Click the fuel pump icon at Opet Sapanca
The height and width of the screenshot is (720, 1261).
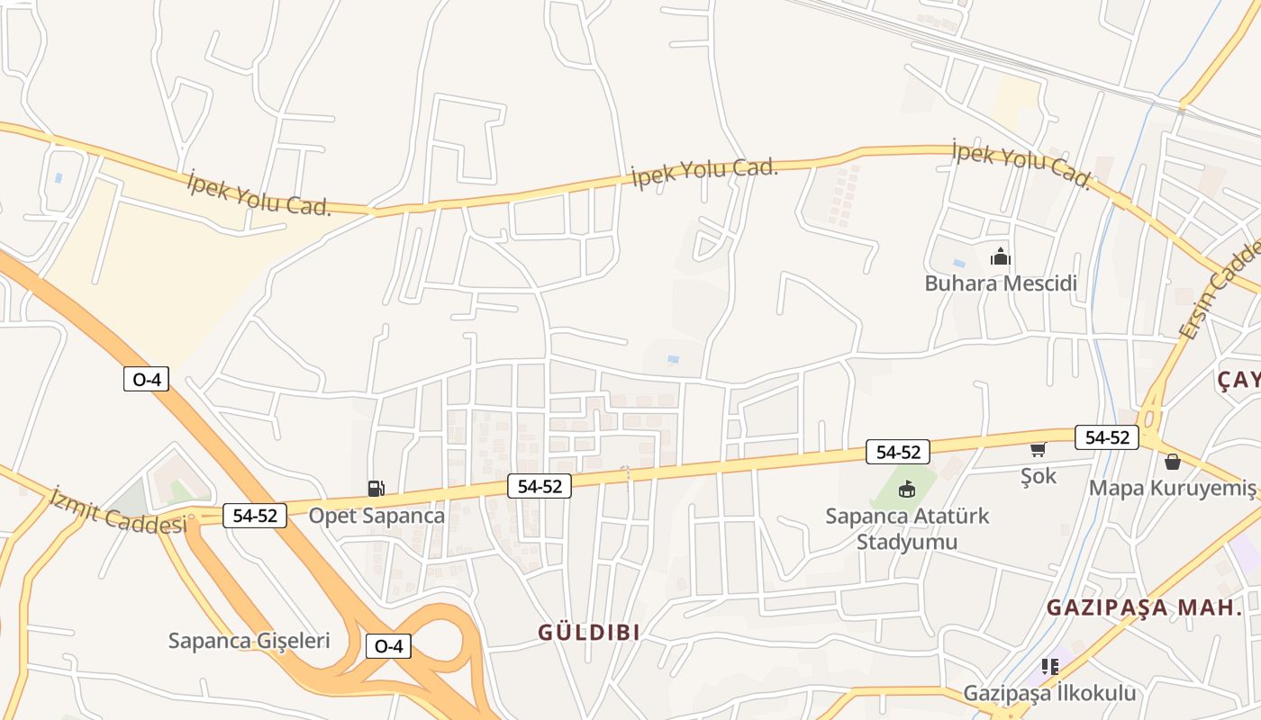tap(376, 489)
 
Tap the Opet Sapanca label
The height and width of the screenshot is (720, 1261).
tap(376, 516)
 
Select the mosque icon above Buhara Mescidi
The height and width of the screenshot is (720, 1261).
tap(1000, 257)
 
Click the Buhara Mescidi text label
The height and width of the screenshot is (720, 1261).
tap(1001, 283)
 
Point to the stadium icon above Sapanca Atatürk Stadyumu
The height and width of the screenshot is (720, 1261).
tap(906, 490)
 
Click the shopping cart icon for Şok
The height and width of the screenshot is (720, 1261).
tap(1038, 448)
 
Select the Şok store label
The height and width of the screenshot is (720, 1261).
tap(1039, 476)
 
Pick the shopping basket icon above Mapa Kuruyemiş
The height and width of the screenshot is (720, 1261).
tap(1172, 462)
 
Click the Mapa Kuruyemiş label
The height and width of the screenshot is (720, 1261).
tap(1172, 488)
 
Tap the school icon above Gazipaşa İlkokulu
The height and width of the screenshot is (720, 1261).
tap(1049, 667)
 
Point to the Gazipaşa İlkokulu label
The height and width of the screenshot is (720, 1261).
tap(1049, 694)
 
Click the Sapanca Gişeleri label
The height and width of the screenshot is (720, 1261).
tap(249, 641)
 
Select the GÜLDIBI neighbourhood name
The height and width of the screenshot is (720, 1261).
tap(589, 633)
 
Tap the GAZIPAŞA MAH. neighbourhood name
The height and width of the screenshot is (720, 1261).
tap(1144, 607)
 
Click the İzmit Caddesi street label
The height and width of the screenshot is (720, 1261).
tap(119, 510)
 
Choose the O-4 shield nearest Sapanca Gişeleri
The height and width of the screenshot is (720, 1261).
tap(388, 646)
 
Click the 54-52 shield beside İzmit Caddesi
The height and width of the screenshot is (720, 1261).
tap(254, 516)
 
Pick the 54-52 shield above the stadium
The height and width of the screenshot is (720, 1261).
tap(898, 452)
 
